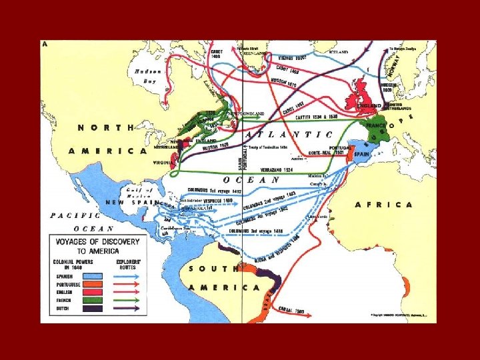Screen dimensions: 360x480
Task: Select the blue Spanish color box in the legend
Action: pos(95,275)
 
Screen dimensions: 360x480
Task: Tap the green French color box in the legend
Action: pos(95,301)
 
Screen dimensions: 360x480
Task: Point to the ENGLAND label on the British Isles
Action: pos(369,106)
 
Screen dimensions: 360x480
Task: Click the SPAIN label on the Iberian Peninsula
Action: pos(361,154)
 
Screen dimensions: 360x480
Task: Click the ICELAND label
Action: pos(339,51)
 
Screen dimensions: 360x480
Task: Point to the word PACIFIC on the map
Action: pos(75,216)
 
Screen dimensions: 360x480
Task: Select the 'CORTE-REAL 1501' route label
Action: pos(327,152)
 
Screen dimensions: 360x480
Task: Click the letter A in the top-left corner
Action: pos(45,44)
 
